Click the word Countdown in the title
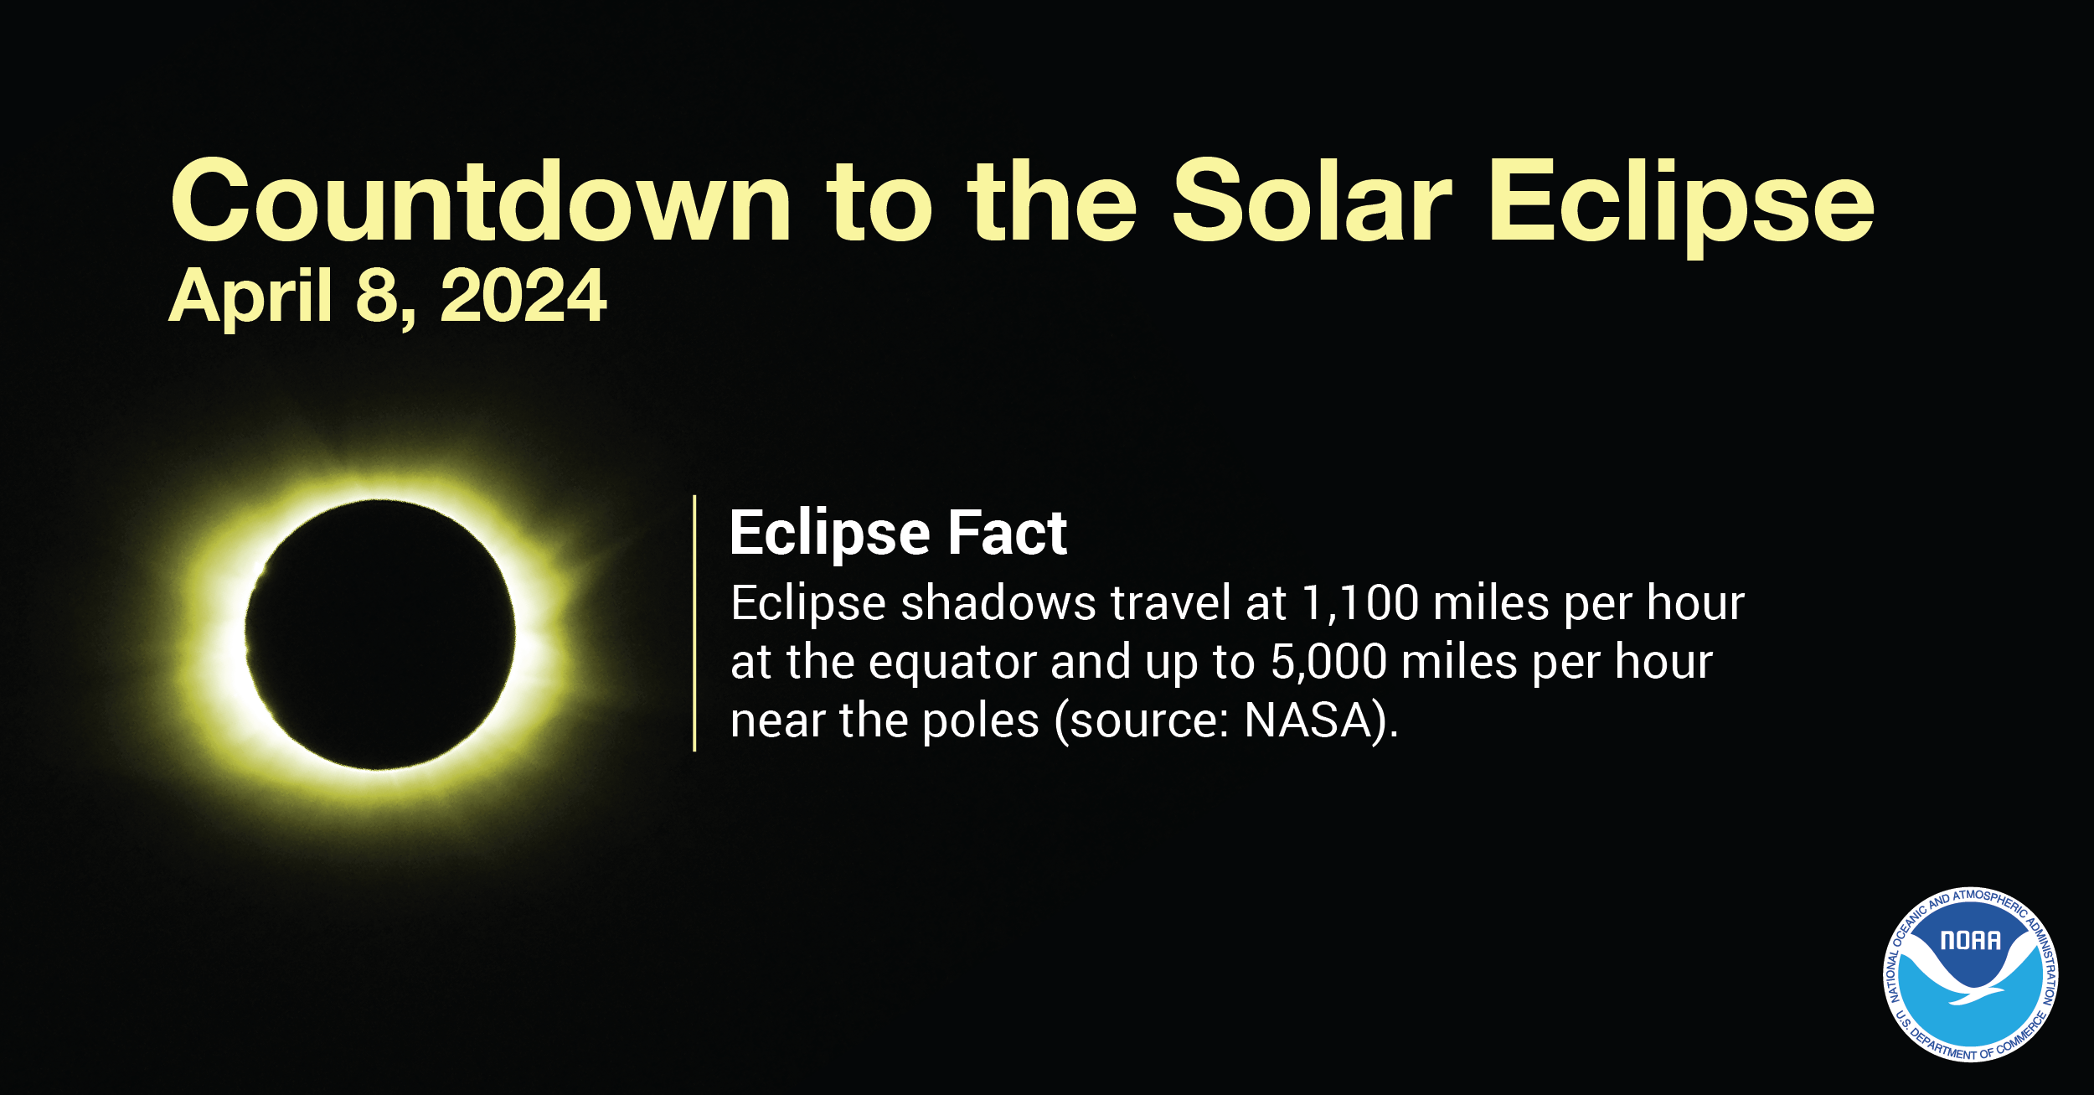(481, 201)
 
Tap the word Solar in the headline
(1311, 201)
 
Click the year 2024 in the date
(523, 296)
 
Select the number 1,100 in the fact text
(1360, 603)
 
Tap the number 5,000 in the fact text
(1328, 662)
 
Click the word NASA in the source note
(1307, 721)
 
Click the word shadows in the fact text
(998, 603)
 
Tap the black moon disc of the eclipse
(379, 634)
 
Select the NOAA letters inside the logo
(1970, 941)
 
